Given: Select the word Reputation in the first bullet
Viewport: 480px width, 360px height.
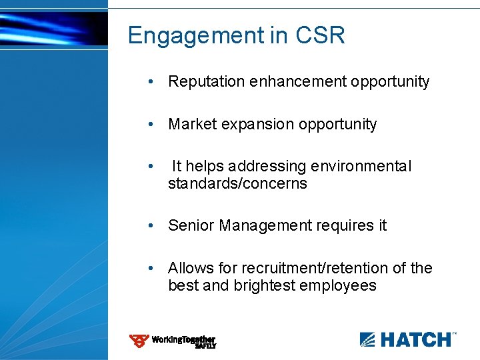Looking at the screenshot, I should [207, 82].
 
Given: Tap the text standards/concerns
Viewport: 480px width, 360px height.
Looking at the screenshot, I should [237, 183].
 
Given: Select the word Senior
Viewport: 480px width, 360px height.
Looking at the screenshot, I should [189, 226].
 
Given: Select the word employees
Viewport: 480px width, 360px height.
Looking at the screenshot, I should [339, 286].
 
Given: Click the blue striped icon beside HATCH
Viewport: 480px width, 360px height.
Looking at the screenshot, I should [368, 340].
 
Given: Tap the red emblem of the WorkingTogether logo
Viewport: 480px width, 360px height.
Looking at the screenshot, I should [139, 341].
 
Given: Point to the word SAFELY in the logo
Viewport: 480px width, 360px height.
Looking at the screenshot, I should [205, 346].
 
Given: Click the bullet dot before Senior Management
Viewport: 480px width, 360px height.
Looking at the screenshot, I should [153, 226].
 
